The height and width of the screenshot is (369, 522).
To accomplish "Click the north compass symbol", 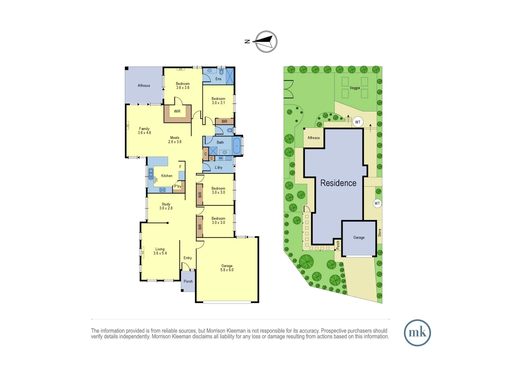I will point(266,42).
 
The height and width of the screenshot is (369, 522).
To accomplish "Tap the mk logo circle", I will point(417,333).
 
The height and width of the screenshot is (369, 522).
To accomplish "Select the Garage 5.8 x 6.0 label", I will point(227,268).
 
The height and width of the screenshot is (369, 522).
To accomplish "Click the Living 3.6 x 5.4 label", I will point(160,251).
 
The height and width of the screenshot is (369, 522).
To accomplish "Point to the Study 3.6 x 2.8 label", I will point(166,206).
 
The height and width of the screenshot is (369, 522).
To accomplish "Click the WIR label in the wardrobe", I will point(177,111).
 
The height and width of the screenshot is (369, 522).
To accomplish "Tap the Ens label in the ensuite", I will point(218,79).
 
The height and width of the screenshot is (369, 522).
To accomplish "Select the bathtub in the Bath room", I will point(236,146).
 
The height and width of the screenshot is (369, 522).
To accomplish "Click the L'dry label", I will point(219,167).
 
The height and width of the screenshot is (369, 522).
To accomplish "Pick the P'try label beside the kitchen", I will point(178,187).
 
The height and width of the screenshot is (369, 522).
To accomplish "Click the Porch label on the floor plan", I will point(188,282).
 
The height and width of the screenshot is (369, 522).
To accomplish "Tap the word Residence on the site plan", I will point(338,183).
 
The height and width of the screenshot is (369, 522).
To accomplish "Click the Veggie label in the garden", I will point(355,88).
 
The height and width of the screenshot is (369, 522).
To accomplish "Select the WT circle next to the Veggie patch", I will point(358,122).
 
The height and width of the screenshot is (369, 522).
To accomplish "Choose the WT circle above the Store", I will point(377,203).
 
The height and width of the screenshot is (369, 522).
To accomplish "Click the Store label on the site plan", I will point(379,233).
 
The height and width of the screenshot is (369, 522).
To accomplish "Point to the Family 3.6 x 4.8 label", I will point(144,131).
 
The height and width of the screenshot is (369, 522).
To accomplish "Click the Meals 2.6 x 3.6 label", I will point(175,140).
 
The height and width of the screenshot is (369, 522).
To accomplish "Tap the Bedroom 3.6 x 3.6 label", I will point(183,85).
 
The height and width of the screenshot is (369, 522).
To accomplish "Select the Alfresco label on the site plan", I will point(314,138).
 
